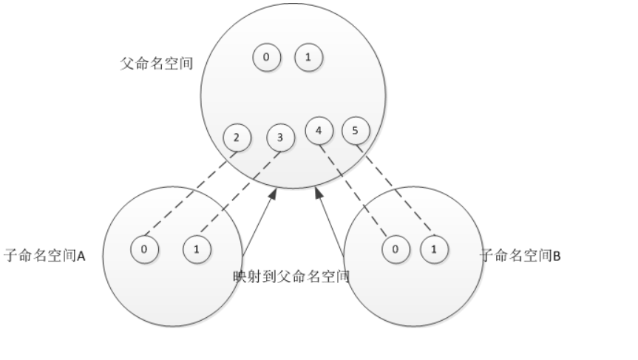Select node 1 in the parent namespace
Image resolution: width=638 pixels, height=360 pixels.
tap(308, 57)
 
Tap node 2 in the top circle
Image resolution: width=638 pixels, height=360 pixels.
tap(237, 137)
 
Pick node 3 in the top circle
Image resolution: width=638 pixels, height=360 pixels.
tap(280, 137)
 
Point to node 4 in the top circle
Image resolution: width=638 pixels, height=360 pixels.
tap(319, 132)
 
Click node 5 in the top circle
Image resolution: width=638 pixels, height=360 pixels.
tap(356, 132)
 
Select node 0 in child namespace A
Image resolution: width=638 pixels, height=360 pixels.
tap(144, 249)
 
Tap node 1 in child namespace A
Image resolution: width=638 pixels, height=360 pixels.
tap(197, 249)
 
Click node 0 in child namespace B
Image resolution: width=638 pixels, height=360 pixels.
tap(396, 249)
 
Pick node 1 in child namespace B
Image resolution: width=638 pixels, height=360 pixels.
tap(434, 249)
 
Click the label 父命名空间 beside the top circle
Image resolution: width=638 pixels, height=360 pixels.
tap(157, 64)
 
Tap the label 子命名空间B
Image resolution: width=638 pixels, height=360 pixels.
tap(521, 256)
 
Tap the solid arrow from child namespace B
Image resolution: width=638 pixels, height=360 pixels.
tap(330, 223)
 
